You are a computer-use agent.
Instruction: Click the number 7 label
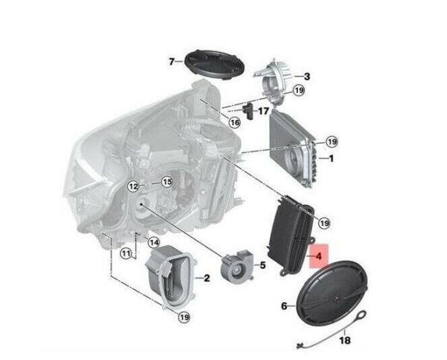pyautogui.click(x=171, y=61)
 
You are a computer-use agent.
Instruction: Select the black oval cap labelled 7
pyautogui.click(x=215, y=66)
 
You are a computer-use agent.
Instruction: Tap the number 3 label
pyautogui.click(x=307, y=77)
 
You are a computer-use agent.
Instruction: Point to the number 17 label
pyautogui.click(x=263, y=110)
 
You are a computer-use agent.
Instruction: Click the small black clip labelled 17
pyautogui.click(x=248, y=112)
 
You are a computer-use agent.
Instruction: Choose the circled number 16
pyautogui.click(x=235, y=123)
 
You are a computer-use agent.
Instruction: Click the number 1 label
pyautogui.click(x=331, y=158)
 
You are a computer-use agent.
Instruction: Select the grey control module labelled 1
pyautogui.click(x=293, y=148)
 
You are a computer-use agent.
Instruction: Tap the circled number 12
pyautogui.click(x=133, y=187)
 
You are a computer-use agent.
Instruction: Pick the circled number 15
pyautogui.click(x=167, y=182)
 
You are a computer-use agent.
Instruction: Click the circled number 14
pyautogui.click(x=153, y=243)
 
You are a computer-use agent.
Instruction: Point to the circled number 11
pyautogui.click(x=126, y=253)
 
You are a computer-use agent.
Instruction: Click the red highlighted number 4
pyautogui.click(x=319, y=256)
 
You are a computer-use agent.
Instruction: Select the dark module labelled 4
pyautogui.click(x=291, y=236)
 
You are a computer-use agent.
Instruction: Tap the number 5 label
pyautogui.click(x=262, y=265)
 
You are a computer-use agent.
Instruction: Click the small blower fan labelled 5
pyautogui.click(x=236, y=265)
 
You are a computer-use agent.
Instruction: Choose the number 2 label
pyautogui.click(x=207, y=278)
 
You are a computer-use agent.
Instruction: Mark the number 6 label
pyautogui.click(x=285, y=306)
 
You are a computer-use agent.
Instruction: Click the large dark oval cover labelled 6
pyautogui.click(x=332, y=293)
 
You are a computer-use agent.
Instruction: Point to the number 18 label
pyautogui.click(x=345, y=340)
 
